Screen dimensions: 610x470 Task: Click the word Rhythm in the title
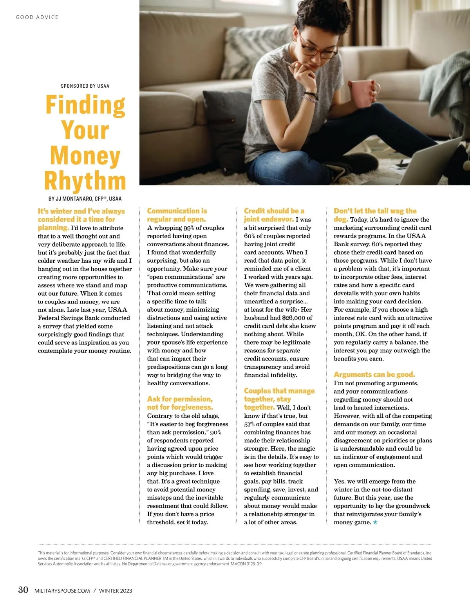coord(85,180)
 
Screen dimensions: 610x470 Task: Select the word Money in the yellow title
coord(85,155)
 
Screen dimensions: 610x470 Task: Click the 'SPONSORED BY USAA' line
coord(85,86)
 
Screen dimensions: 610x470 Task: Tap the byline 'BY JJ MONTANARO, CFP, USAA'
coord(85,199)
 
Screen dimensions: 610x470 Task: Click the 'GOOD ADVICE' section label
coord(37,17)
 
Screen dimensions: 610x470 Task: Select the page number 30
coord(23,590)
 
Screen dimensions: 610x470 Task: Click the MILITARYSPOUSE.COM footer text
coord(62,590)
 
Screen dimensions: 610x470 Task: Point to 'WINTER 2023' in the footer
coord(116,590)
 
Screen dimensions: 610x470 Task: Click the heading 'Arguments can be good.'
coord(374,374)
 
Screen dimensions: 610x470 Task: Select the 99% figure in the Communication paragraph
coord(190,228)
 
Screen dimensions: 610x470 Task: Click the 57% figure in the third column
coord(249,424)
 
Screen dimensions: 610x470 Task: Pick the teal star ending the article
coord(375,522)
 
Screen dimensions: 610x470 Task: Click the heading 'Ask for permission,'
coord(180,399)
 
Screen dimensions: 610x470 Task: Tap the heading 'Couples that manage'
coord(279,391)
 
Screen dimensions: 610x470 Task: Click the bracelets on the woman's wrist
coord(311,96)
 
